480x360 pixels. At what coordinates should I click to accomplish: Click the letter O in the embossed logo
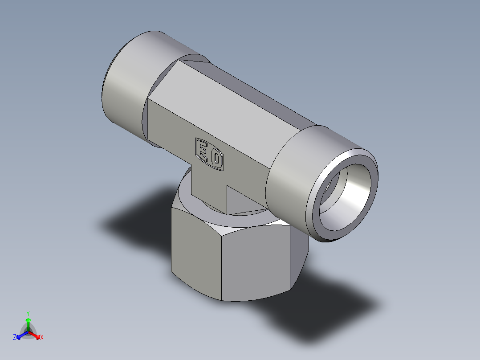coord(216,159)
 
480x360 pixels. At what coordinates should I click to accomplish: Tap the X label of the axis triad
coord(42,338)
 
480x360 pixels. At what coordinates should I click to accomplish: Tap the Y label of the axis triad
coord(28,313)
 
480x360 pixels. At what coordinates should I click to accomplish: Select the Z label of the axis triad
coord(15,337)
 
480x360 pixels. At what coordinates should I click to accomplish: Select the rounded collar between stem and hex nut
coord(187,205)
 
